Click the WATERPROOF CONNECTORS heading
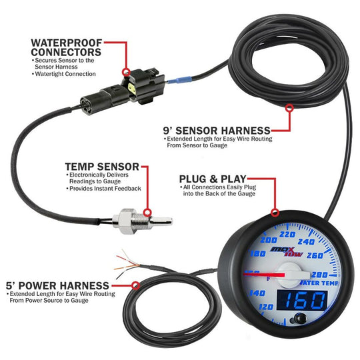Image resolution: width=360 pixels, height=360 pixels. coord(66,47)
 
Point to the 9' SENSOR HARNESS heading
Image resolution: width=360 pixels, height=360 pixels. coord(217,130)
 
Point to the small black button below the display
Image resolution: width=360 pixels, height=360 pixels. coord(292,326)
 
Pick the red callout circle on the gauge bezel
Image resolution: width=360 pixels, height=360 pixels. coord(275,213)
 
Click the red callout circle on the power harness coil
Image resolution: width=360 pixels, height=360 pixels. coord(135,285)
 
